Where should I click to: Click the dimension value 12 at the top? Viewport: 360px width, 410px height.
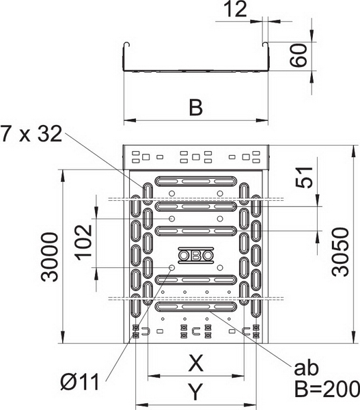pyautogui.click(x=236, y=9)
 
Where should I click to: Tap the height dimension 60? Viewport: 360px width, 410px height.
pyautogui.click(x=298, y=55)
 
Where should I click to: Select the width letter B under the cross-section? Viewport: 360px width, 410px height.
pyautogui.click(x=196, y=107)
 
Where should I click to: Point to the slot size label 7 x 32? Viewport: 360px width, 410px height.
pyautogui.click(x=31, y=134)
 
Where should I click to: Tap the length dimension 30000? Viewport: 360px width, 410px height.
pyautogui.click(x=50, y=257)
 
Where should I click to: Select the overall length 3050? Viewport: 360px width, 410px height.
pyautogui.click(x=340, y=251)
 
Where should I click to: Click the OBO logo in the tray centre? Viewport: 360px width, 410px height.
pyautogui.click(x=196, y=255)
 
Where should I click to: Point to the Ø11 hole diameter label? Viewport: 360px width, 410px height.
pyautogui.click(x=80, y=382)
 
